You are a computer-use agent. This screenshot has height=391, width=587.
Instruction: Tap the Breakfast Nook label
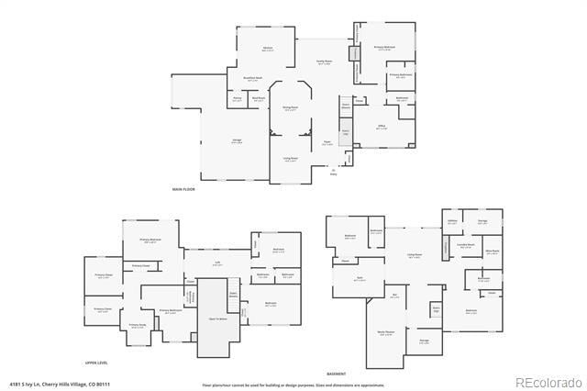click(253, 79)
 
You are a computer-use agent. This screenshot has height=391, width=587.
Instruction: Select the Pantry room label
click(237, 98)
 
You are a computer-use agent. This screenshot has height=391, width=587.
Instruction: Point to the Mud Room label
click(260, 98)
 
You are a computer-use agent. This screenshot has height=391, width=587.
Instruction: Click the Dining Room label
click(290, 109)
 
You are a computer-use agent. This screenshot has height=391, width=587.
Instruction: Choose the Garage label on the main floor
click(237, 140)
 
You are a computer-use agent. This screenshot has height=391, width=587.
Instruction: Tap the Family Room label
click(324, 62)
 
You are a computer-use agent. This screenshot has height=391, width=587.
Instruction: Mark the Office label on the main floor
click(382, 128)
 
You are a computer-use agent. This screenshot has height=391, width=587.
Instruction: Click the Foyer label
click(327, 142)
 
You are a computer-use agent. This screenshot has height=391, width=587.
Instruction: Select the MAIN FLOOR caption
click(183, 189)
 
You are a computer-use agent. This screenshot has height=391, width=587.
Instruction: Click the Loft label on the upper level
click(218, 263)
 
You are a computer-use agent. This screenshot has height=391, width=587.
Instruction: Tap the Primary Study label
click(137, 326)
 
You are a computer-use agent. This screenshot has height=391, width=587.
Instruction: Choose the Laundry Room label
click(466, 245)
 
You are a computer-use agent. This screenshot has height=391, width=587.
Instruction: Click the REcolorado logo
click(548, 382)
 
